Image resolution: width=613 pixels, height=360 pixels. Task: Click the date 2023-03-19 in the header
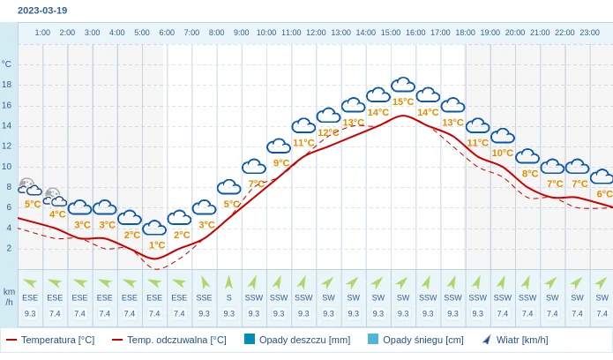[42, 11]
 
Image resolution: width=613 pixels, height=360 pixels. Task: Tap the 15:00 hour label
[391, 33]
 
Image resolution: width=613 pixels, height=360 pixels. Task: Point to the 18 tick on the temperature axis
[7, 85]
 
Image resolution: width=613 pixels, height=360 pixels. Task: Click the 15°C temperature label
[403, 101]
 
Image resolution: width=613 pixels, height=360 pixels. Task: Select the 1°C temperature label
[157, 245]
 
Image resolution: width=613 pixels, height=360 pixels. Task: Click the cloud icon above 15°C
[403, 85]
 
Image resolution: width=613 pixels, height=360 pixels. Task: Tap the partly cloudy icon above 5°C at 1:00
[30, 186]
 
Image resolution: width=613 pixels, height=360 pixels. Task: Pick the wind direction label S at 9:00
[229, 297]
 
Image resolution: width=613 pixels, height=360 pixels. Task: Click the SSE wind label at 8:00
[205, 297]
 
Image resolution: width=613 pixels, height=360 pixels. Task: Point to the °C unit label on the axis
[7, 64]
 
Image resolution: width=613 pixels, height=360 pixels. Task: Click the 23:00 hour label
[590, 33]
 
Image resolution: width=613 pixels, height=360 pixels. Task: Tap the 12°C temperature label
[328, 132]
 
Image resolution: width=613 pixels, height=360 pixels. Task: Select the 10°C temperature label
[503, 153]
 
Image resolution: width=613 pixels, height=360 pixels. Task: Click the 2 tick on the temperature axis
[9, 248]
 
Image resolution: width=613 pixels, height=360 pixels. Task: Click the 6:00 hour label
[167, 33]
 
